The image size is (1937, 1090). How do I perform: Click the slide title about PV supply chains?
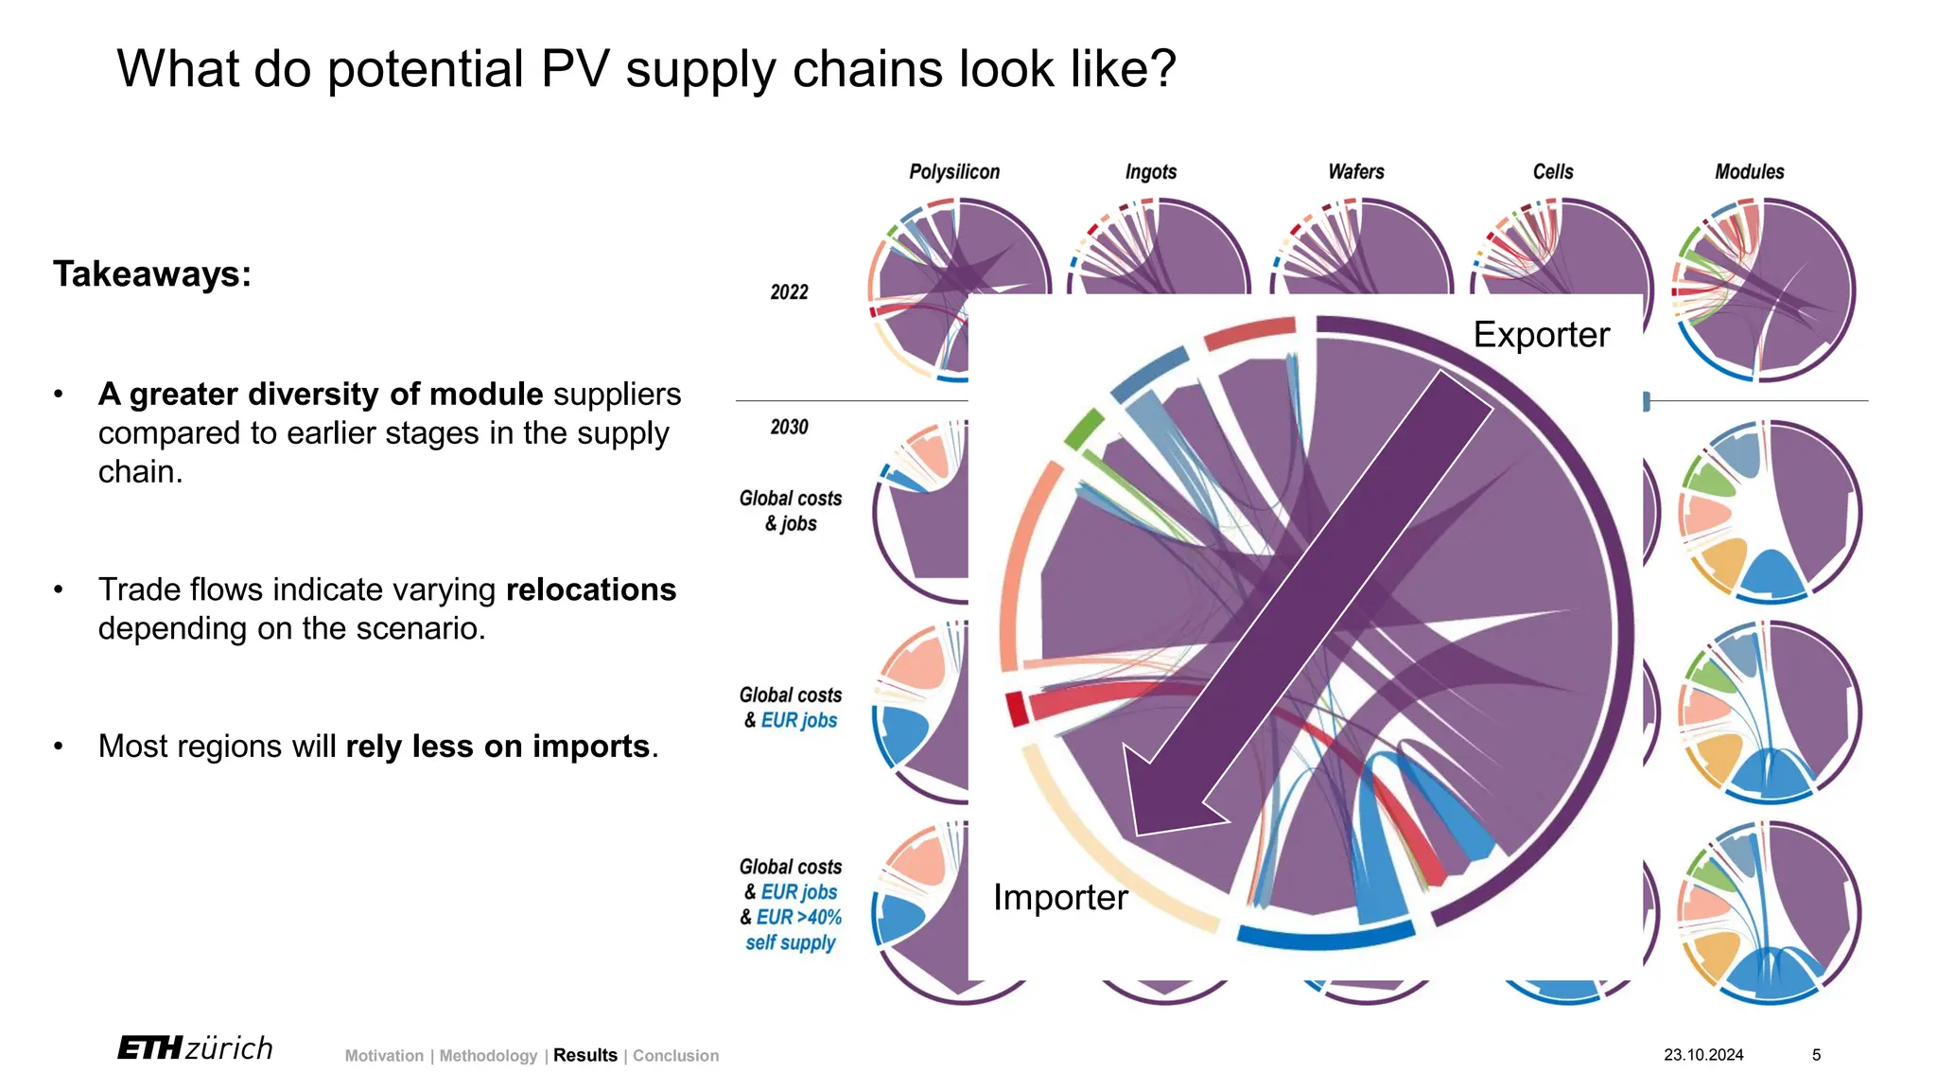coord(646,69)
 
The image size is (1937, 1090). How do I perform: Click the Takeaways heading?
coord(152,274)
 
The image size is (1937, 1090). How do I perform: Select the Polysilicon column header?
coord(953,172)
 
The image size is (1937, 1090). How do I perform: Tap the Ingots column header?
coord(1150,172)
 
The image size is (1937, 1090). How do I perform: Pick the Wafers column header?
coord(1355,172)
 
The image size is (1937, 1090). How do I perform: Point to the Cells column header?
coord(1552,172)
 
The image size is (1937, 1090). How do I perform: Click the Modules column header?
coord(1749,172)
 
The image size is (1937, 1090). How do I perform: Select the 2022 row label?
coord(789,292)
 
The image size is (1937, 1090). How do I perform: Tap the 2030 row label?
coord(789,427)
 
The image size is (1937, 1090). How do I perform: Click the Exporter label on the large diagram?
coord(1541,335)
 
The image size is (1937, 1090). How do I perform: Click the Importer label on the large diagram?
coord(1059,897)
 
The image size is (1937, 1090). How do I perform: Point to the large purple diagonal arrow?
coord(1305,606)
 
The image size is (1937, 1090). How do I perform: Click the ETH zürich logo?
coord(195,1048)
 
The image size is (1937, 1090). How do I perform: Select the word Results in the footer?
coord(585,1055)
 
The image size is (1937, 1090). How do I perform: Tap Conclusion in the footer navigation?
coord(675,1055)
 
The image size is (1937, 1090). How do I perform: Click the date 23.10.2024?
coord(1703,1054)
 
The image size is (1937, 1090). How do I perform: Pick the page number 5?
coord(1816,1054)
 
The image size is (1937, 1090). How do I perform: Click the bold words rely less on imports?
coord(497,747)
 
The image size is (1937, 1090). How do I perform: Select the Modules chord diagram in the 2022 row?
coord(1762,290)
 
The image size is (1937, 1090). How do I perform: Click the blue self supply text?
coord(791,942)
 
